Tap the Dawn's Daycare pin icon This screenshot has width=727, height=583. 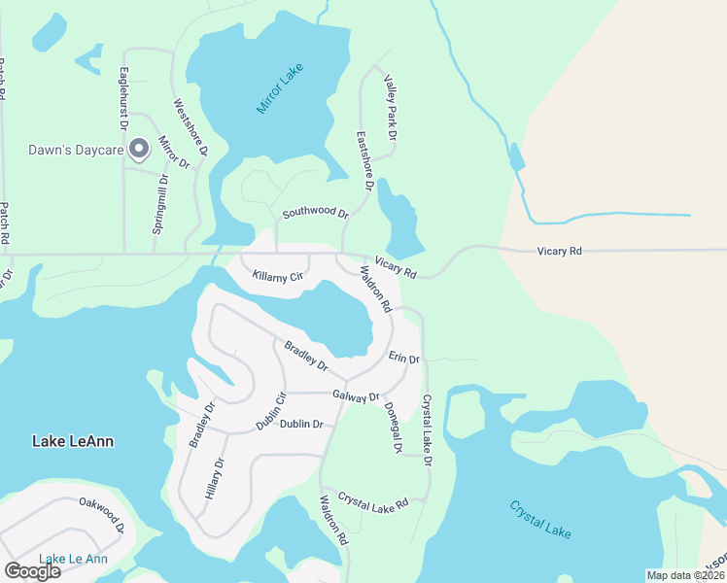[x=139, y=149]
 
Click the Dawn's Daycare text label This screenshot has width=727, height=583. [x=73, y=150]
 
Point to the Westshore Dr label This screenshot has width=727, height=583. [x=190, y=127]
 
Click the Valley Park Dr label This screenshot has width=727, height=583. [x=390, y=109]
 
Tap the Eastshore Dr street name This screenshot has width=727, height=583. [x=364, y=160]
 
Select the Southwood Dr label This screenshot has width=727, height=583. [x=315, y=212]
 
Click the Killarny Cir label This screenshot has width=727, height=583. [x=278, y=277]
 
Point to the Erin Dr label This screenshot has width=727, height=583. [x=403, y=359]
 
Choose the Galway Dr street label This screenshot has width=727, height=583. [x=355, y=395]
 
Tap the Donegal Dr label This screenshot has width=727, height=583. [x=393, y=429]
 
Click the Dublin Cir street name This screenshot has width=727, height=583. [x=271, y=411]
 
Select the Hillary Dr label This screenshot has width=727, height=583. [x=214, y=478]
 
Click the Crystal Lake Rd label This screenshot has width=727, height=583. [x=373, y=500]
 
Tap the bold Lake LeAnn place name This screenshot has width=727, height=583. [x=73, y=441]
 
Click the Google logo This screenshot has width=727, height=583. [x=32, y=571]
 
